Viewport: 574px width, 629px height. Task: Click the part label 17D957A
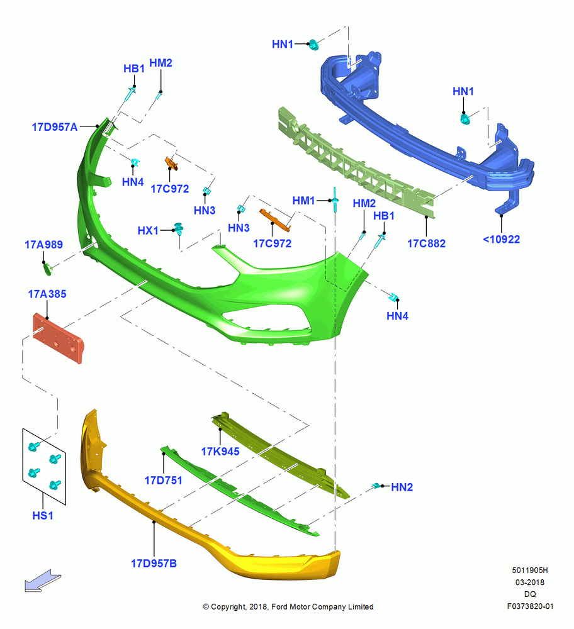pos(55,127)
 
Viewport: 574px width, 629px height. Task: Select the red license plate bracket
pos(58,338)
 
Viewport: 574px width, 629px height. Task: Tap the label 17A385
pos(47,294)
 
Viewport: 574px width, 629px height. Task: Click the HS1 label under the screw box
pos(43,516)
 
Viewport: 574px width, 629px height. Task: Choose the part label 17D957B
pos(154,564)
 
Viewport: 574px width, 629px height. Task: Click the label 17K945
pos(220,452)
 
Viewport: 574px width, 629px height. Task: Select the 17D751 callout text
pos(164,480)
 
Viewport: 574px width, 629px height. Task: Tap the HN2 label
pos(402,487)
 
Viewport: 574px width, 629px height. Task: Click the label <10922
pos(502,240)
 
